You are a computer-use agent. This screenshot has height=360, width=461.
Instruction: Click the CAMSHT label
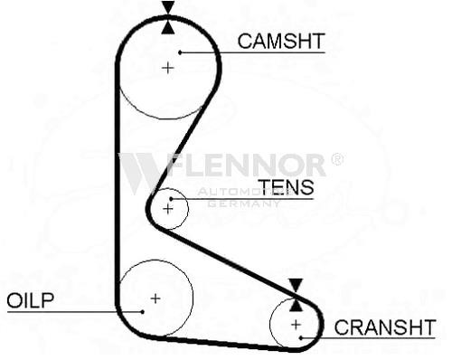(x=281, y=41)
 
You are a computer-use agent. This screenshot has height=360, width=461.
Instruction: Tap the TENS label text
(x=286, y=187)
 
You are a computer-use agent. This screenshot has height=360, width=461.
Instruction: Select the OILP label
(x=30, y=300)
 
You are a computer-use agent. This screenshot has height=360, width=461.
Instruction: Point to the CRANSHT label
(x=385, y=327)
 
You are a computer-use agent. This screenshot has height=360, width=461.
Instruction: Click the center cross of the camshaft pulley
(x=168, y=68)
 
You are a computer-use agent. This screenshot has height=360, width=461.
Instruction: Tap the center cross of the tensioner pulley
(x=167, y=209)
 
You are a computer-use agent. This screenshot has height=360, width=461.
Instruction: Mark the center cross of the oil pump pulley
(x=155, y=298)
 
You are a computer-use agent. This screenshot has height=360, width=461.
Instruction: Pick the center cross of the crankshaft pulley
(x=296, y=325)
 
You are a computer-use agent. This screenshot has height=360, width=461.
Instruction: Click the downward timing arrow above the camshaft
(x=168, y=7)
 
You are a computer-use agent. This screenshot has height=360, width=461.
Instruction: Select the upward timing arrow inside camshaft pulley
(x=168, y=27)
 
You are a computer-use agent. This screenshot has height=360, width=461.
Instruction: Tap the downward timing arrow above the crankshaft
(x=296, y=286)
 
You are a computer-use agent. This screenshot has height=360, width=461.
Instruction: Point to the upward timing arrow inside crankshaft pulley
(x=296, y=305)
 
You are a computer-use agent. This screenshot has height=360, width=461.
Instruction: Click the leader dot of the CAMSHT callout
(x=180, y=52)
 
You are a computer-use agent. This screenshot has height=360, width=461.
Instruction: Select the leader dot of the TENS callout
(x=171, y=199)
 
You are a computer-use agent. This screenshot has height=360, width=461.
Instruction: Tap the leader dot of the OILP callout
(x=142, y=312)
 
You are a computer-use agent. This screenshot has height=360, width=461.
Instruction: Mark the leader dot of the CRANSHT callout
(x=301, y=337)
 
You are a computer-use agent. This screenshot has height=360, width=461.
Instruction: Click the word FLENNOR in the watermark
(x=246, y=166)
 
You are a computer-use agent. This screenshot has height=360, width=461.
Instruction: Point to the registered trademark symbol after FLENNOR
(x=337, y=159)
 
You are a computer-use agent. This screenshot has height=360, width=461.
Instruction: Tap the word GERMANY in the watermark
(x=243, y=204)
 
